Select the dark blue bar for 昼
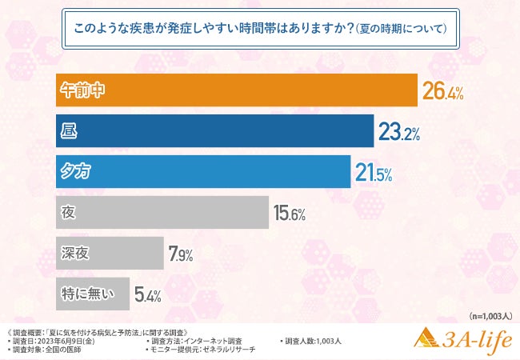215,131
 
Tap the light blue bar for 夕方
203,171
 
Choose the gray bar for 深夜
110,254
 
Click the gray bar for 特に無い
92,294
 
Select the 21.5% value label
375,173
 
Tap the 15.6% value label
290,214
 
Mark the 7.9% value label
180,255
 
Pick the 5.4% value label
148,295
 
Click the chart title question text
259,26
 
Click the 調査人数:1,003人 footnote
313,341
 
